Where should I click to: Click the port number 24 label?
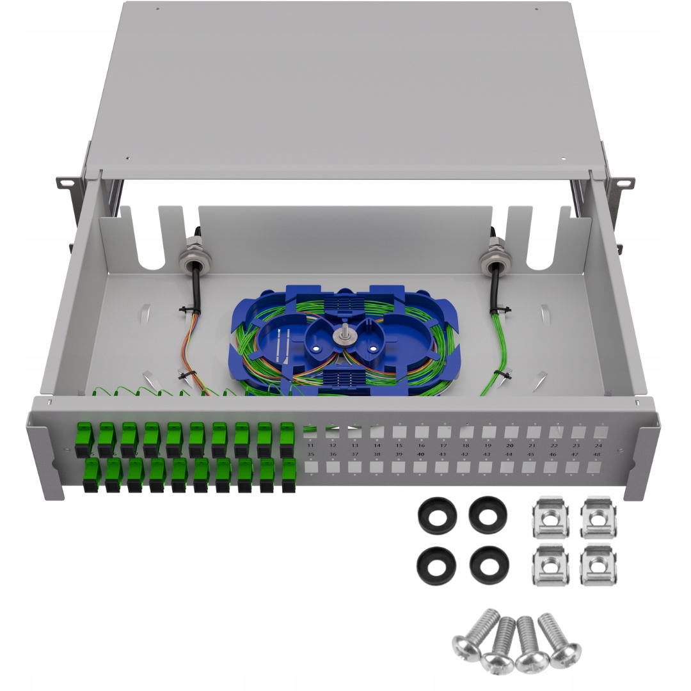(x=598, y=445)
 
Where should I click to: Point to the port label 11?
(x=310, y=445)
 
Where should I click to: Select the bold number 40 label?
(x=420, y=454)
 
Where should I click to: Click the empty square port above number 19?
(x=488, y=432)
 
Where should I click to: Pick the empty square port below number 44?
(x=509, y=467)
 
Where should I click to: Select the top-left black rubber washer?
(x=437, y=514)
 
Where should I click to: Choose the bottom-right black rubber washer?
(x=489, y=565)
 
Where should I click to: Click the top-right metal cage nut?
(x=599, y=517)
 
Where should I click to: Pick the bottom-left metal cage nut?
(x=550, y=564)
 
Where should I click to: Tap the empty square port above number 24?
(x=600, y=432)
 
